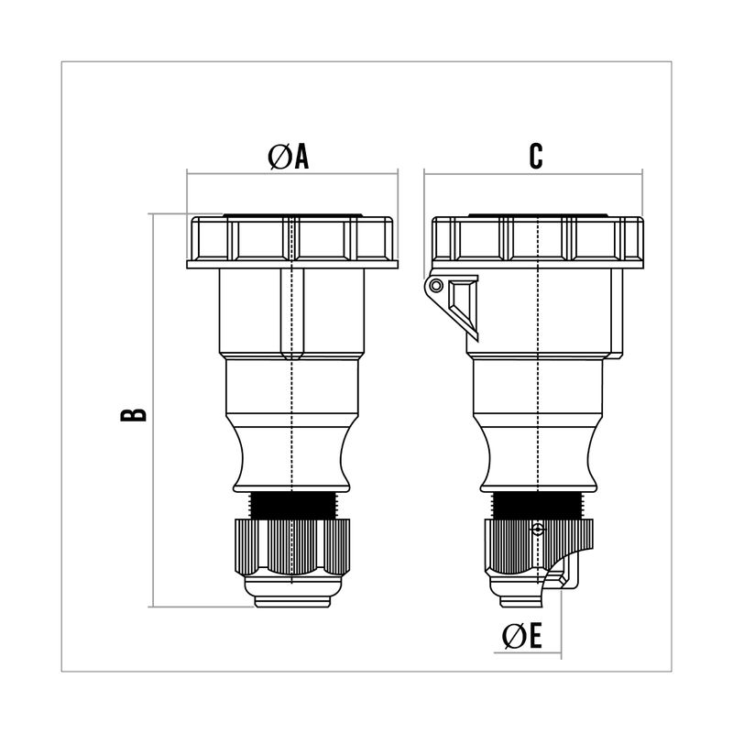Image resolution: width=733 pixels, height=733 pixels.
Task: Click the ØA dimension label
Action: point(289,156)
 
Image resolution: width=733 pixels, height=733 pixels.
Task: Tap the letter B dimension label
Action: point(133,415)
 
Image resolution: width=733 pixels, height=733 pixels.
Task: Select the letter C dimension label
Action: point(536,156)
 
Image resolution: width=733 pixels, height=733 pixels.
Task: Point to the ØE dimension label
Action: point(522,636)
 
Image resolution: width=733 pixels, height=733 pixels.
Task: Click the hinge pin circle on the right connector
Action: point(436,285)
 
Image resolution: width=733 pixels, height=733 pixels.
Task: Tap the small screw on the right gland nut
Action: point(539,530)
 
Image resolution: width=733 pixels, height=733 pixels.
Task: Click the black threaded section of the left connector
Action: point(292,505)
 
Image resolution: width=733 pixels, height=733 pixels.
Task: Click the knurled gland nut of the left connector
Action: point(292,546)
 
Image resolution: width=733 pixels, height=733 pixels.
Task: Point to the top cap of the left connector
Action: point(292,241)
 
